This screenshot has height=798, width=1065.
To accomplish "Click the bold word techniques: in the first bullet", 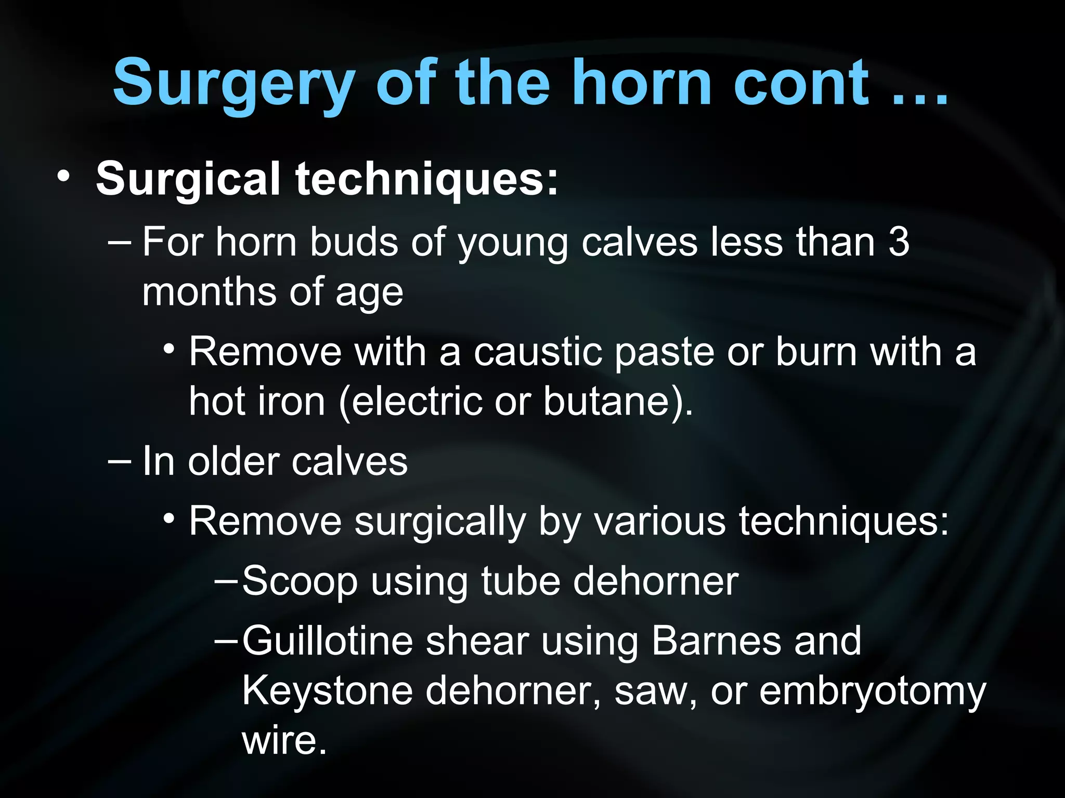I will point(427,178).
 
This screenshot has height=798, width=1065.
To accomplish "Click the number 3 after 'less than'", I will point(899,242).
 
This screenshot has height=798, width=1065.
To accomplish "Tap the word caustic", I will point(538,352).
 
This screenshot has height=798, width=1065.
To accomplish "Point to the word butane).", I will point(618,401).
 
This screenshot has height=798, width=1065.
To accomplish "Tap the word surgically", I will point(440,521).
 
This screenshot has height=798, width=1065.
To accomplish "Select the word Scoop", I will point(300,581).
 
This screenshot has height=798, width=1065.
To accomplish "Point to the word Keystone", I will point(327,690).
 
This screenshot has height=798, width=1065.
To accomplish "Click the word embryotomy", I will point(873,691).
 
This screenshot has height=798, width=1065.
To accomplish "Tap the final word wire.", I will point(284,740).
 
